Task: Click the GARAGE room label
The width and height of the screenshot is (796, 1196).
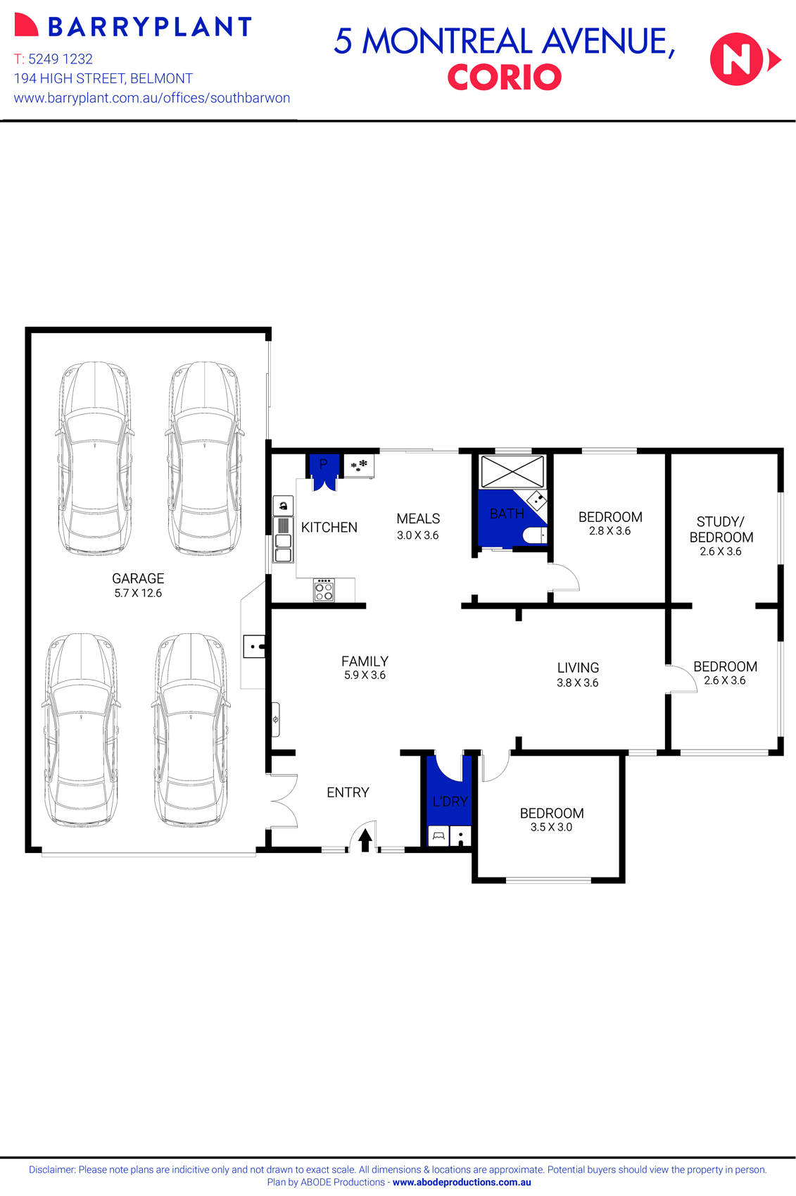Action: pyautogui.click(x=138, y=578)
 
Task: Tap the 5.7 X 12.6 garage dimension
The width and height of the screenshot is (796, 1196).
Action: pyautogui.click(x=138, y=593)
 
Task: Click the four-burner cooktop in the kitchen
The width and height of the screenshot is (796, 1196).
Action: pyautogui.click(x=324, y=590)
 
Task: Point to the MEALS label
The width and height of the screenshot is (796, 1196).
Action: pyautogui.click(x=418, y=518)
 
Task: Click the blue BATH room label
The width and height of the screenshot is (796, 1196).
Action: pyautogui.click(x=507, y=513)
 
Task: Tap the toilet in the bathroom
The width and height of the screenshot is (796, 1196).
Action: pyautogui.click(x=534, y=535)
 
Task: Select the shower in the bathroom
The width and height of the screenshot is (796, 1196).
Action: pyautogui.click(x=512, y=471)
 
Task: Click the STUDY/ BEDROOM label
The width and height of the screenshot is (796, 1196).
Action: pyautogui.click(x=721, y=529)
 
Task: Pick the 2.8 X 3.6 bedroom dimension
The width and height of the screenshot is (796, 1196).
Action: pyautogui.click(x=609, y=531)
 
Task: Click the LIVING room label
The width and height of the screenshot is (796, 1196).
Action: pyautogui.click(x=578, y=668)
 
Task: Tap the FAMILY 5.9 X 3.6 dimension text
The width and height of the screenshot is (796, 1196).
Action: pyautogui.click(x=365, y=675)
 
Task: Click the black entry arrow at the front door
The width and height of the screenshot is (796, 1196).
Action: pyautogui.click(x=365, y=840)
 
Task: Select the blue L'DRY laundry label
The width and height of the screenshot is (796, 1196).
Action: pyautogui.click(x=450, y=801)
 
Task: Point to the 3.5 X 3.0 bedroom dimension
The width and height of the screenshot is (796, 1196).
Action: pyautogui.click(x=551, y=827)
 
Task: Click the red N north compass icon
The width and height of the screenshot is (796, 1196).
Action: pyautogui.click(x=738, y=60)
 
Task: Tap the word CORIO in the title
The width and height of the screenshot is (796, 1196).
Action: pyautogui.click(x=504, y=77)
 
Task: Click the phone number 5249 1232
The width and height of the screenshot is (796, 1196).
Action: pyautogui.click(x=61, y=59)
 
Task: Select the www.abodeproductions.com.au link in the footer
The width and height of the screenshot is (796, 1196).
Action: pyautogui.click(x=462, y=1183)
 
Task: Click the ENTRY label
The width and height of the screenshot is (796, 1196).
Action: pyautogui.click(x=348, y=792)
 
